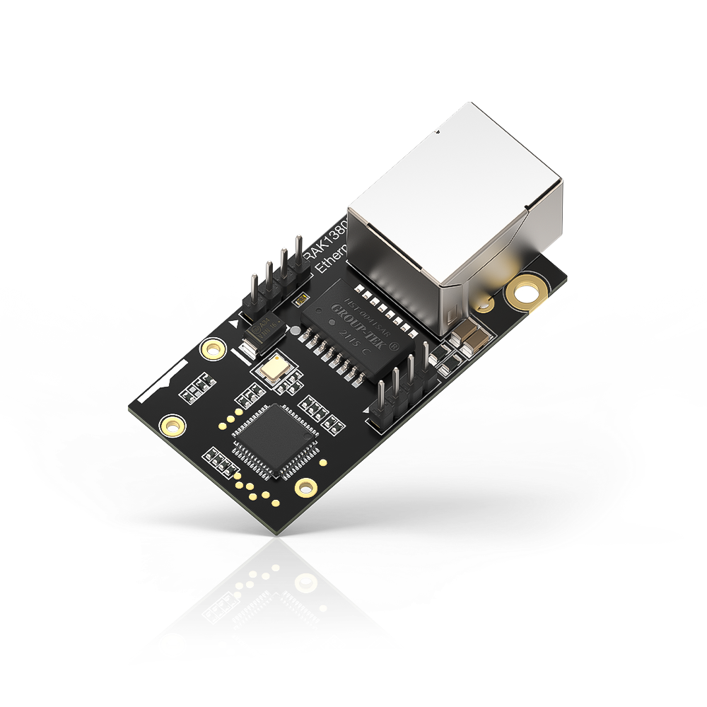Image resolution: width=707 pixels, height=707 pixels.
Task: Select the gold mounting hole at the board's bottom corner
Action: coord(306,486)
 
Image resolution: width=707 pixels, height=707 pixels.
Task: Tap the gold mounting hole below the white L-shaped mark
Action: coord(172,426)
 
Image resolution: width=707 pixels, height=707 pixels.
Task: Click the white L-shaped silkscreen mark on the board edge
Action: coord(170,375)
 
